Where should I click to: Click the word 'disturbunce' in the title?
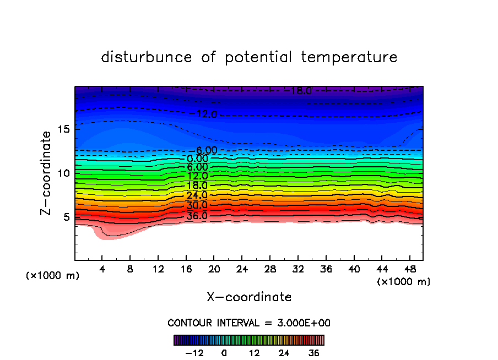[147, 57]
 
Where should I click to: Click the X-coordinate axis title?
[249, 297]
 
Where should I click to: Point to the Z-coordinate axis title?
[47, 173]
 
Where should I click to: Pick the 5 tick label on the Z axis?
[66, 216]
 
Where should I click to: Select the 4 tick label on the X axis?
[102, 269]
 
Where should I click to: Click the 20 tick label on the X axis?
[214, 269]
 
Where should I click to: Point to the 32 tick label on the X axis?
[297, 269]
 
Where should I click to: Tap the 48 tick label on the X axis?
[409, 269]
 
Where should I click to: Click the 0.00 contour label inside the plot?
[197, 159]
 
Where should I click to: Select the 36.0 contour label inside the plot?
[197, 216]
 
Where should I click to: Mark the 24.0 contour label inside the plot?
[197, 195]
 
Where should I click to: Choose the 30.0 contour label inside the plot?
[197, 205]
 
